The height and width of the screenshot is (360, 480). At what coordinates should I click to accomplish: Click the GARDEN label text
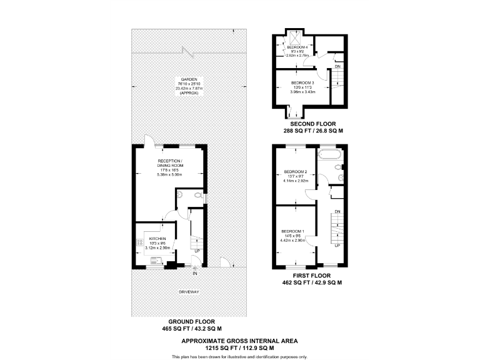[x=189, y=79]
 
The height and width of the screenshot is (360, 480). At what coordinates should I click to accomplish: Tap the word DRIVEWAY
[x=189, y=292]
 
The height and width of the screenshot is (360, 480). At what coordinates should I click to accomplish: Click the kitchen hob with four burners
[x=138, y=241]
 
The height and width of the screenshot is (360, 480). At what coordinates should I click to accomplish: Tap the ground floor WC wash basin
[x=179, y=194]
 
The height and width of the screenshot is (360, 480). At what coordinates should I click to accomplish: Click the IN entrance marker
[x=195, y=274]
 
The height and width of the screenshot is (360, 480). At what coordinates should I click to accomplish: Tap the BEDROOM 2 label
[x=295, y=172]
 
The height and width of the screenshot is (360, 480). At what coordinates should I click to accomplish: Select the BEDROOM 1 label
[x=292, y=231]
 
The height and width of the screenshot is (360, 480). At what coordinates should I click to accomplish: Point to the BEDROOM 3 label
[x=303, y=82]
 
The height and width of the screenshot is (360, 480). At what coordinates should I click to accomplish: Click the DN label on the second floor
[x=337, y=66]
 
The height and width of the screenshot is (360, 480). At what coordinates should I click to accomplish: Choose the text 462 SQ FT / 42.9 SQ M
[x=312, y=283]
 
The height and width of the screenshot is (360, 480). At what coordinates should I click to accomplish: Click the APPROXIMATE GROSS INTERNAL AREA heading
[x=239, y=341]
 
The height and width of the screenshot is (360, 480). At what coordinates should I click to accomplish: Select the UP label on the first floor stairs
[x=337, y=246]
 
